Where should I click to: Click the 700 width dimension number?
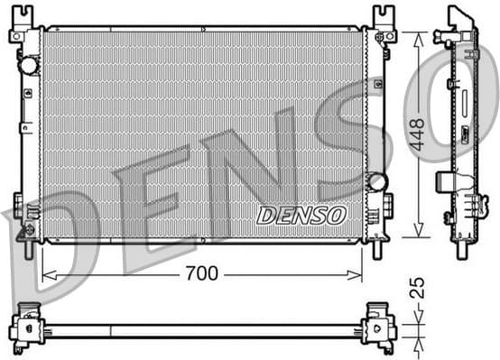(201, 273)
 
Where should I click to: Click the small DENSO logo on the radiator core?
(301, 215)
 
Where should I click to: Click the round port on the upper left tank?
(29, 65)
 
